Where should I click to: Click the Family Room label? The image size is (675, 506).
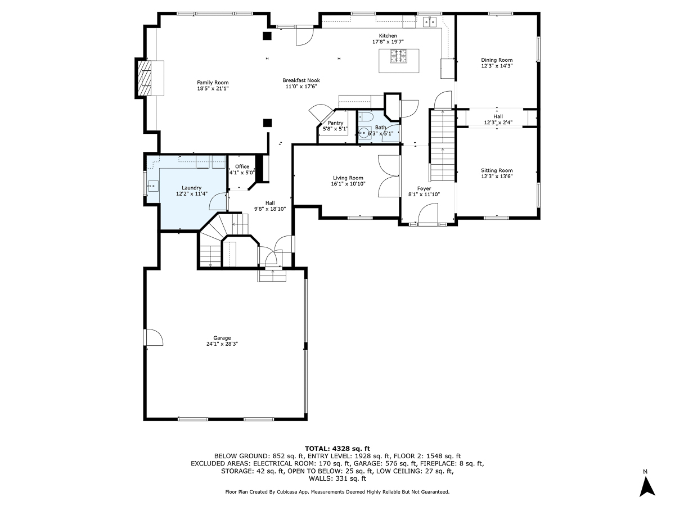coord(213,82)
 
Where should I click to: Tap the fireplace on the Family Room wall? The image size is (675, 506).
coord(145,78)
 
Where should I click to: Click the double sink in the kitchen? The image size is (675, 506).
coord(430,22)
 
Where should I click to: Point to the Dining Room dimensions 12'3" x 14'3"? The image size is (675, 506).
coord(497,66)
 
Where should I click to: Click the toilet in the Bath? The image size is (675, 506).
coord(367,117)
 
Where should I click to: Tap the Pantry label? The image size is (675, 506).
coord(335,123)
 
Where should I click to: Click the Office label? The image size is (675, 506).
coord(242,166)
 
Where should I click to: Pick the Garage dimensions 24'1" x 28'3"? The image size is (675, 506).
coord(222,344)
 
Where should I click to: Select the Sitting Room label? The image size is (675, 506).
coord(497,170)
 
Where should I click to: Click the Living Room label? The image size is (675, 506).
coord(348,178)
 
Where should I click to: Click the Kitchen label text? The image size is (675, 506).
coord(388,35)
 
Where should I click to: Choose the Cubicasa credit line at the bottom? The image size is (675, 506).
coord(337,492)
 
